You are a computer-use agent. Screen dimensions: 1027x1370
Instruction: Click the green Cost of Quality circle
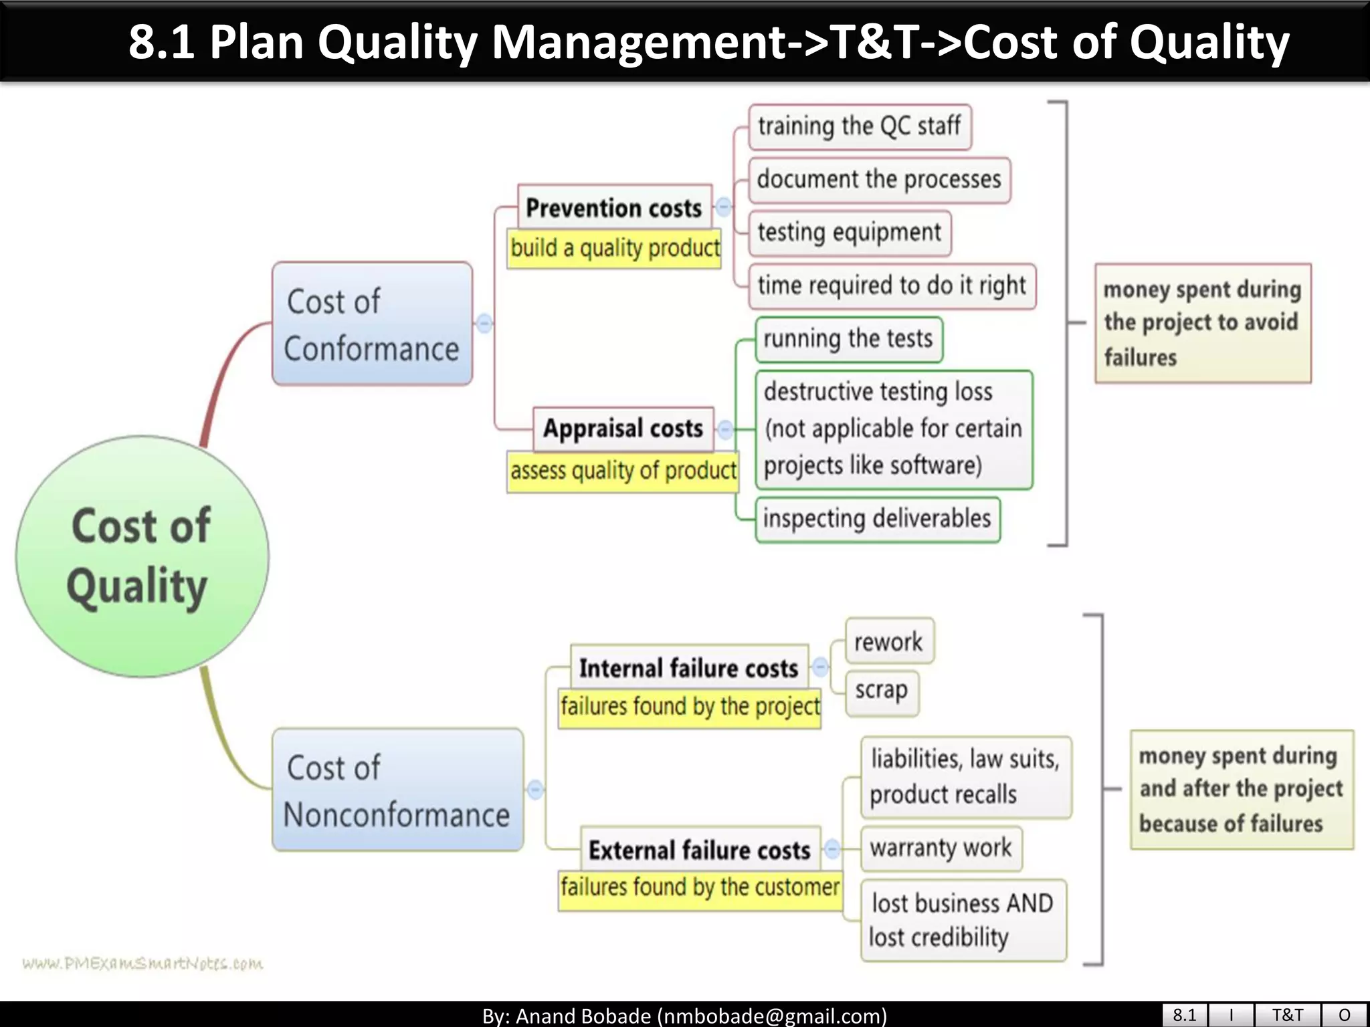point(142,556)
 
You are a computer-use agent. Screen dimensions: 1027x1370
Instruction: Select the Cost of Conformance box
point(372,324)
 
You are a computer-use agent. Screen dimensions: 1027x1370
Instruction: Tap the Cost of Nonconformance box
point(397,790)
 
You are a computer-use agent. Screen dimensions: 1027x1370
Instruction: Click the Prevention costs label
point(614,207)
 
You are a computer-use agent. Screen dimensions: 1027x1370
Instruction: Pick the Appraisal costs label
point(623,428)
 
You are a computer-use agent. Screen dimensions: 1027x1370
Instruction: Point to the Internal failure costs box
point(689,667)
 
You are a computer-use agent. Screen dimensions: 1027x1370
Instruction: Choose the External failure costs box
point(700,849)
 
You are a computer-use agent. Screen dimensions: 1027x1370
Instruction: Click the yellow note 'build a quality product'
point(615,248)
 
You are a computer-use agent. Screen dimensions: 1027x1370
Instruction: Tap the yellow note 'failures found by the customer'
point(700,887)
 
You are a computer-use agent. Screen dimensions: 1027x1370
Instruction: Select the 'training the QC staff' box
point(860,126)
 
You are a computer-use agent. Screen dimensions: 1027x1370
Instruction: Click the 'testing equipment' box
point(849,233)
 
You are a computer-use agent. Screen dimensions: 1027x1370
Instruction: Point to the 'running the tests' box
point(848,339)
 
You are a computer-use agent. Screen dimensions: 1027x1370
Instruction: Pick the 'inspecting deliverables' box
point(877,519)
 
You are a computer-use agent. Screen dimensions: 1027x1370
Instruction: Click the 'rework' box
point(888,642)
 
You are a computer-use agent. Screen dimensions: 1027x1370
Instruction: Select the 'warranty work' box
point(941,848)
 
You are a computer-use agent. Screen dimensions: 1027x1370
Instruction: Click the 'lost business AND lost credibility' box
point(963,921)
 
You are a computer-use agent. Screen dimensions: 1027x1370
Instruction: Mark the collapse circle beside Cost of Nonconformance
point(535,790)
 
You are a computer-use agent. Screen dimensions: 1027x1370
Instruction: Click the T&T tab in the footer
point(1287,1015)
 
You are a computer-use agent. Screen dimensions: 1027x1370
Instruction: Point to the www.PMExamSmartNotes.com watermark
point(142,963)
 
